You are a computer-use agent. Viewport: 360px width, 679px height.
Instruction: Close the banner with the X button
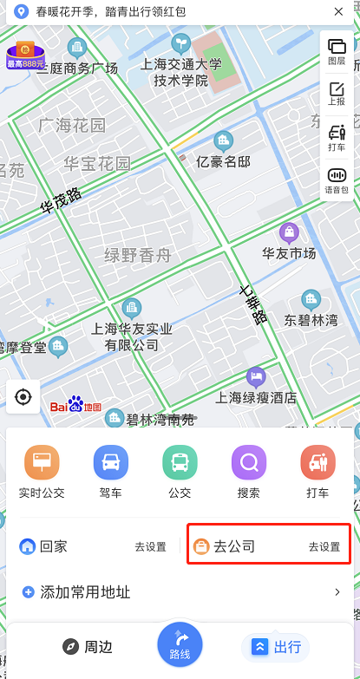[x=337, y=12]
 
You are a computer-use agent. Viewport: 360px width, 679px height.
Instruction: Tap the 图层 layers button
[x=337, y=50]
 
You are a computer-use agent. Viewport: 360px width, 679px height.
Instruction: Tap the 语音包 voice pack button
[x=337, y=180]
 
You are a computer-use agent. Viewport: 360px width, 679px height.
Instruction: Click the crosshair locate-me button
[x=23, y=397]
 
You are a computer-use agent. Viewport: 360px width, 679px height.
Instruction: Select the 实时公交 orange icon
[x=42, y=462]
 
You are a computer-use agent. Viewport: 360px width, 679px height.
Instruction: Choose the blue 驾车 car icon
[x=111, y=462]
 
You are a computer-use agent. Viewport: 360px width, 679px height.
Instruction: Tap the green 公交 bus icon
[x=180, y=462]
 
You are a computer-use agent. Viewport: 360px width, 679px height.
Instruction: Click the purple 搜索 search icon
[x=249, y=462]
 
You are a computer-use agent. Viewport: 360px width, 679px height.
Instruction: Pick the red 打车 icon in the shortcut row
[x=318, y=462]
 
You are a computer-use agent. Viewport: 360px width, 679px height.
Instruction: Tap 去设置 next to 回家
[x=150, y=547]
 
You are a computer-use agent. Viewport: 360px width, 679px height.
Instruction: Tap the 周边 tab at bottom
[x=87, y=647]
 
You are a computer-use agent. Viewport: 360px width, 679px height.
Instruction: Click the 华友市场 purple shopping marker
[x=289, y=232]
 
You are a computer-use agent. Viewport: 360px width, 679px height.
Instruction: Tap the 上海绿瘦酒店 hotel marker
[x=256, y=376]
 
